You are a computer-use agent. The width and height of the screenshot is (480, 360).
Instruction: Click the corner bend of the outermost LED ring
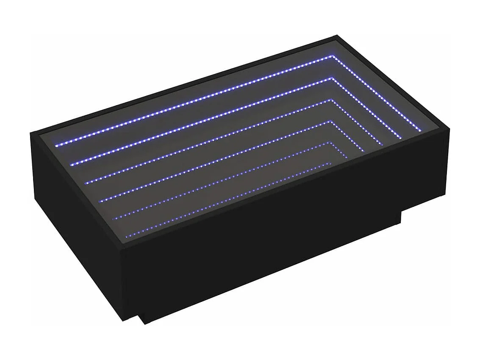(333, 56)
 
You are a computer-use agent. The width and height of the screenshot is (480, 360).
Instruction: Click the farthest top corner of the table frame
(337, 36)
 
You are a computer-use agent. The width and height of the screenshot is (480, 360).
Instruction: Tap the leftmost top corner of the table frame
(31, 134)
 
